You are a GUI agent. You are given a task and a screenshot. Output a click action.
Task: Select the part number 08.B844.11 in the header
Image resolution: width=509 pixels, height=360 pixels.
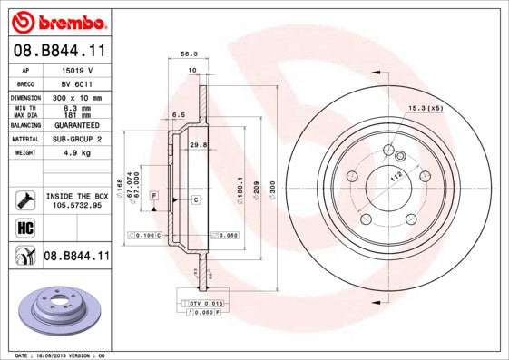click(59, 52)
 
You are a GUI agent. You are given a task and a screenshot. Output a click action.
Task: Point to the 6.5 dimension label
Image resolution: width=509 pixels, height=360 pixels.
click(179, 115)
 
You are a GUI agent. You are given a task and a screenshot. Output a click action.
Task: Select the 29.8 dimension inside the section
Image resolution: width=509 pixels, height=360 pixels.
click(197, 144)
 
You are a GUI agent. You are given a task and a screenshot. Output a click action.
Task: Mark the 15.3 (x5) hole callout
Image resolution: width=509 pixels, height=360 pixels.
click(425, 109)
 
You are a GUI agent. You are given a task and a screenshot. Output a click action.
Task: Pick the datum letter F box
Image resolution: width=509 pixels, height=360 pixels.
click(154, 196)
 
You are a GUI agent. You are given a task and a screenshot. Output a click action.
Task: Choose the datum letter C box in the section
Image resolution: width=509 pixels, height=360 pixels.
click(195, 197)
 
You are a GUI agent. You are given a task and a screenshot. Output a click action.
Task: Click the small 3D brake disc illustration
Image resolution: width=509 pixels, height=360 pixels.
click(59, 309)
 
